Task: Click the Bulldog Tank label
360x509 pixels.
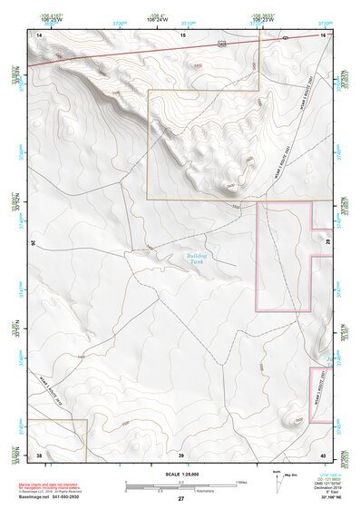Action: pos(197,259)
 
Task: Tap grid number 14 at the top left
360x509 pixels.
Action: pos(39,34)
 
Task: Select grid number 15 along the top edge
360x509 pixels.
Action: pos(182,34)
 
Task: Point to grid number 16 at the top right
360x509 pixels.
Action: pos(323,34)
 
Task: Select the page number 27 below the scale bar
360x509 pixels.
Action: pos(180,498)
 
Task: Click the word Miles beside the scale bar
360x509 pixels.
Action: pos(242,482)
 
